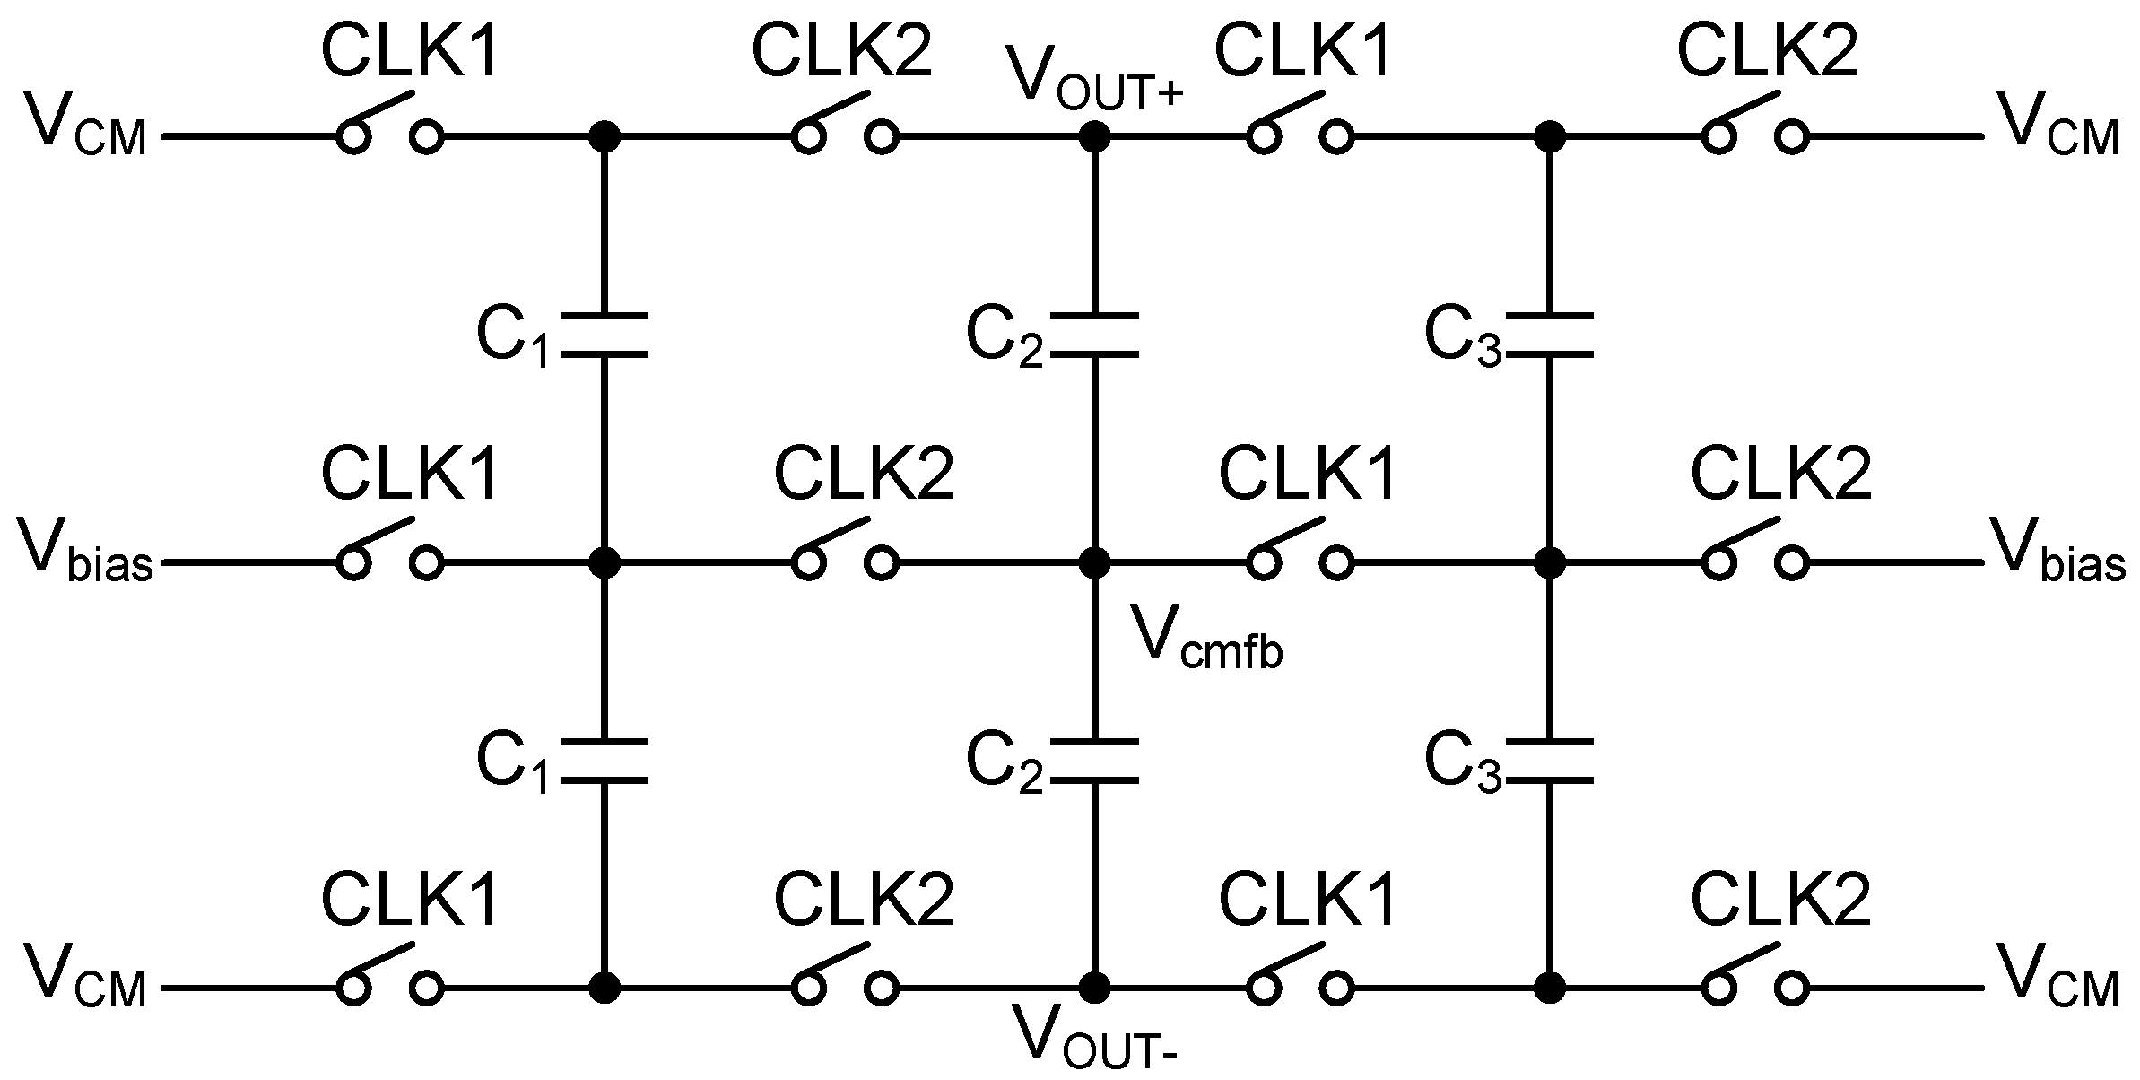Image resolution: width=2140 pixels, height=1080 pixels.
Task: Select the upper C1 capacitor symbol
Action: click(x=604, y=335)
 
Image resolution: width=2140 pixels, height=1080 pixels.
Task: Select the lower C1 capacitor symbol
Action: click(x=604, y=762)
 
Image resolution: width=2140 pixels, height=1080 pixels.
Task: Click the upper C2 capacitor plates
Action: click(x=1093, y=335)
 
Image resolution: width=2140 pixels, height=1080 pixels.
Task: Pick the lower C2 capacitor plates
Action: click(x=1093, y=762)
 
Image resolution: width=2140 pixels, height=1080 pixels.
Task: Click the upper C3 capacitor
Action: click(x=1549, y=335)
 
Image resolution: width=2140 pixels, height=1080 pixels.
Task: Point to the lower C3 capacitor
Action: click(x=1549, y=762)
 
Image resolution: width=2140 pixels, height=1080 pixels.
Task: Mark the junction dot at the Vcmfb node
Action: click(x=1093, y=563)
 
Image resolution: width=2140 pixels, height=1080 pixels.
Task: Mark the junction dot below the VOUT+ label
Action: click(x=1093, y=137)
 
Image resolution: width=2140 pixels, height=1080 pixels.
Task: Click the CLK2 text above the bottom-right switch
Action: click(x=1780, y=901)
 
